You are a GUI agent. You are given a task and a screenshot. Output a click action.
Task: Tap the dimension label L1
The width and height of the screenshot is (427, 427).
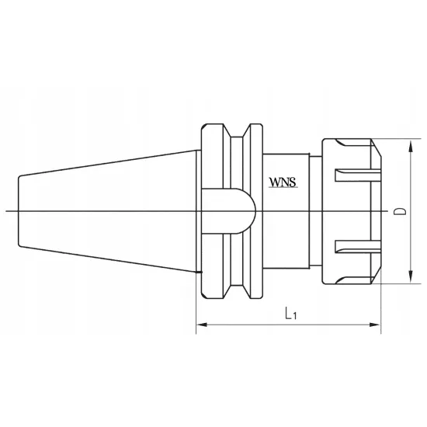pos(288,314)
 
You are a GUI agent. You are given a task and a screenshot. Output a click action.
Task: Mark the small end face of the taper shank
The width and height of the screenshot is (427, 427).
pos(19,211)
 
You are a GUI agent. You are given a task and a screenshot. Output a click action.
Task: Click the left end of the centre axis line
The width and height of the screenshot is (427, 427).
pos(6,211)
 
